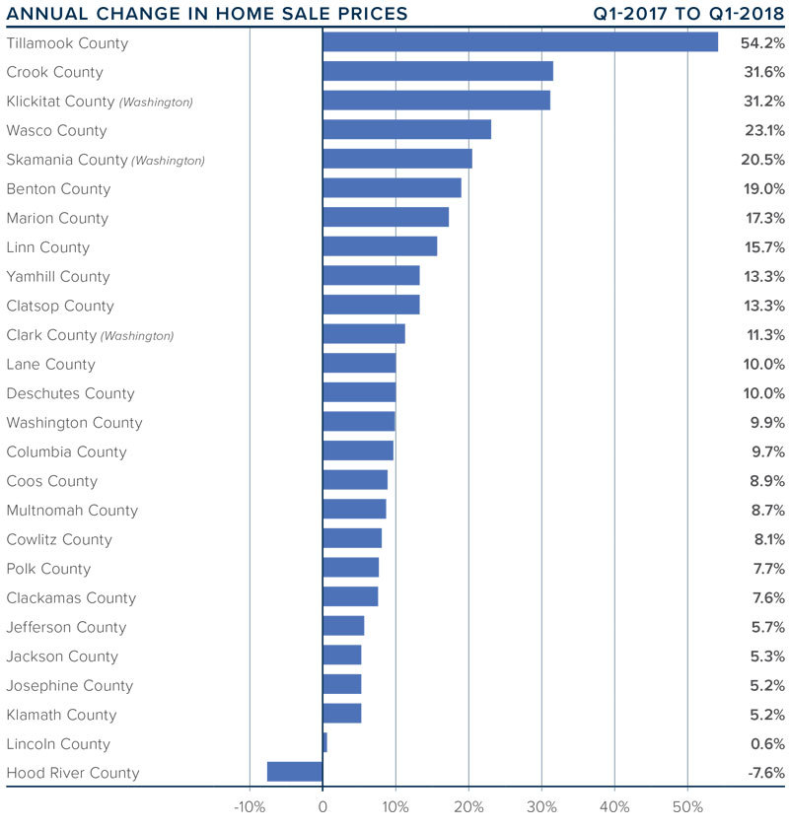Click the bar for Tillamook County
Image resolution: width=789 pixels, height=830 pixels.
(520, 42)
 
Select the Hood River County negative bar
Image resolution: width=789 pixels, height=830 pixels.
(295, 772)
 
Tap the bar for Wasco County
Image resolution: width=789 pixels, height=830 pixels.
(406, 130)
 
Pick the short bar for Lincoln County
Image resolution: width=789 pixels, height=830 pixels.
(324, 743)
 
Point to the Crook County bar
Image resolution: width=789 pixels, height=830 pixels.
(437, 72)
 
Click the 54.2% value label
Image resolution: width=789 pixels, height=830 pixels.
(763, 43)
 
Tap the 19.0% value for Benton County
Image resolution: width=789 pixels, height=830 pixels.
(763, 189)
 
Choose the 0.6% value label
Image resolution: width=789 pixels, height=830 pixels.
(765, 744)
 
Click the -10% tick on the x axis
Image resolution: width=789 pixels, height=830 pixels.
(249, 807)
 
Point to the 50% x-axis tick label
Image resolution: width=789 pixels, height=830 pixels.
(687, 807)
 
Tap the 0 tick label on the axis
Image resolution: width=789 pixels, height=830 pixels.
(323, 807)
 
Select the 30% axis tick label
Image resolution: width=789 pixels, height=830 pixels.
(541, 807)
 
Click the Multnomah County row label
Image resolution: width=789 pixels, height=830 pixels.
(72, 511)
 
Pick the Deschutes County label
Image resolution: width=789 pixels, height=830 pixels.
(70, 393)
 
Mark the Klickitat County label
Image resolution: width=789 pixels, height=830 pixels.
(60, 102)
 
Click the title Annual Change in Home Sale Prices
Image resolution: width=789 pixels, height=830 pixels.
(207, 14)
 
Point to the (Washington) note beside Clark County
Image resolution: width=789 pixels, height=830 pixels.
(137, 336)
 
